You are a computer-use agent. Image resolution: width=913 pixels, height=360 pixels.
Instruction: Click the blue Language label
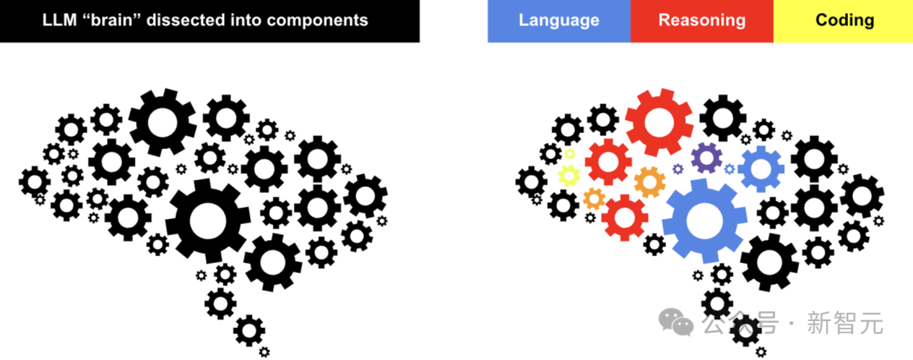559,20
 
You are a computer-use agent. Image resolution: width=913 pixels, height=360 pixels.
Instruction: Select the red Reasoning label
702,20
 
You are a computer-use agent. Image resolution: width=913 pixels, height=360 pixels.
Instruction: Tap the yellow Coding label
844,20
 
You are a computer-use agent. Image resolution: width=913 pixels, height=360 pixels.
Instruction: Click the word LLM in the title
61,20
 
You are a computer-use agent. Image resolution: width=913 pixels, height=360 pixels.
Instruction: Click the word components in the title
319,21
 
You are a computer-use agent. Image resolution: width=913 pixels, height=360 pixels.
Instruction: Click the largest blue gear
704,221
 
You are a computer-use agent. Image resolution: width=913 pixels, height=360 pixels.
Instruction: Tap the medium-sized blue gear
761,169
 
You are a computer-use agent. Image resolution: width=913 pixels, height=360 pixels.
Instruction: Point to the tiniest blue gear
729,169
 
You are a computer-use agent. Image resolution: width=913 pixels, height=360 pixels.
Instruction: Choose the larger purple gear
706,157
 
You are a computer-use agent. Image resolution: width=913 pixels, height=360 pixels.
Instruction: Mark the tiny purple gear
678,169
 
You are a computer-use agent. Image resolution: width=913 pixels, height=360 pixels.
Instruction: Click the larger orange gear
650,183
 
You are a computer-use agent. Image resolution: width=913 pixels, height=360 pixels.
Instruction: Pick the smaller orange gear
594,199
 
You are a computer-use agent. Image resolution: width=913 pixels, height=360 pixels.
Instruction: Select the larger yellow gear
569,175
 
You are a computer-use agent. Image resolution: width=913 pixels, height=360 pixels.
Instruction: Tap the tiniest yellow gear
570,154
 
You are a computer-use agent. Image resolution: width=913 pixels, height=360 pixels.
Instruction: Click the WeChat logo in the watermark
676,322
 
